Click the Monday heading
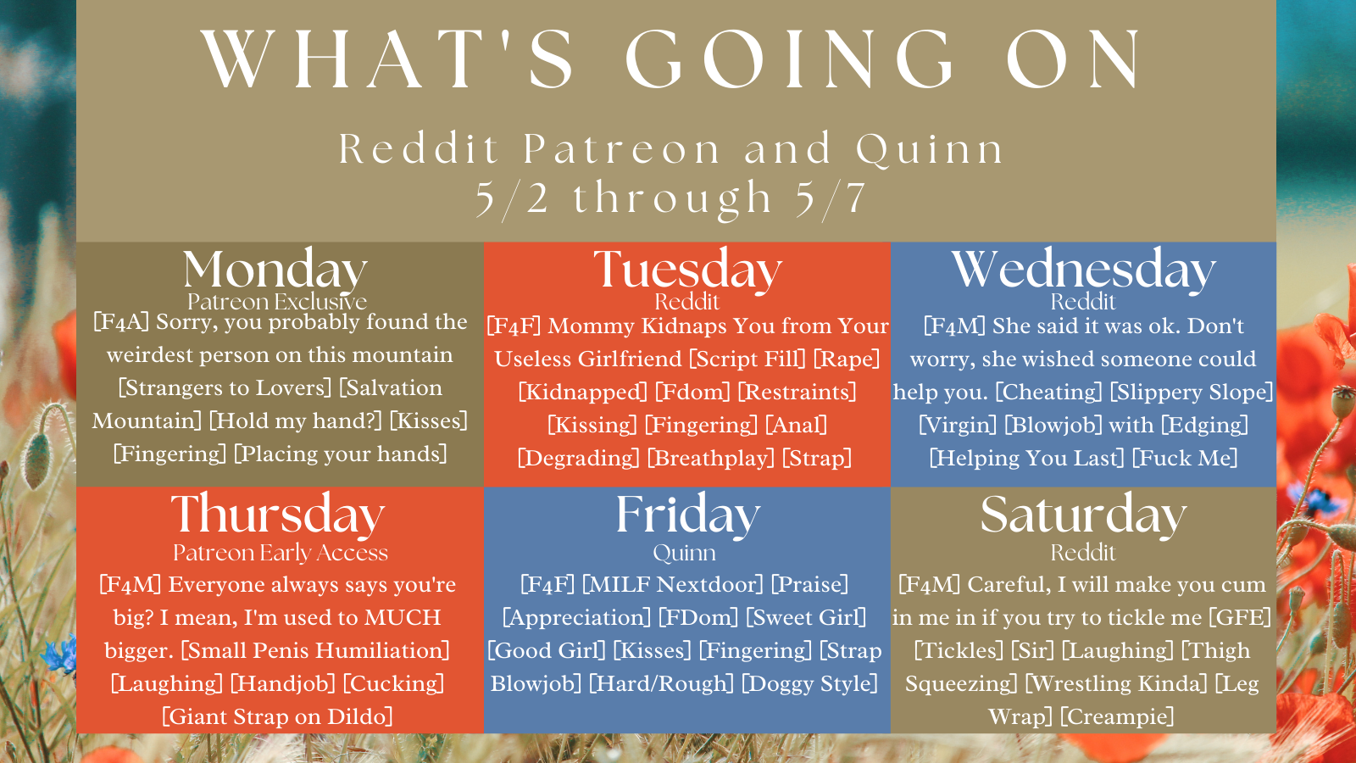click(x=275, y=270)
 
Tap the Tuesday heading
click(x=687, y=270)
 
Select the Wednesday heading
click(x=1084, y=270)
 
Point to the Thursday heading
click(x=278, y=515)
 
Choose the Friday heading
click(x=687, y=515)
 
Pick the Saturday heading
click(x=1084, y=515)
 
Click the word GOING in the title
click(x=789, y=58)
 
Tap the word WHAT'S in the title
click(x=386, y=58)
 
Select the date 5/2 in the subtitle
click(x=512, y=198)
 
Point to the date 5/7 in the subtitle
click(x=831, y=198)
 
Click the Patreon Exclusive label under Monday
click(x=277, y=302)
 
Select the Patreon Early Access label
click(x=281, y=552)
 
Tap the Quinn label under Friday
click(x=685, y=553)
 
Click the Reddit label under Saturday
click(x=1083, y=552)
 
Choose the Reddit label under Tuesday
click(x=687, y=302)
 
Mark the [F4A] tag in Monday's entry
click(x=121, y=322)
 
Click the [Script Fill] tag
click(x=747, y=359)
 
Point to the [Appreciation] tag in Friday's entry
click(x=576, y=618)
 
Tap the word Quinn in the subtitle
click(x=930, y=149)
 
